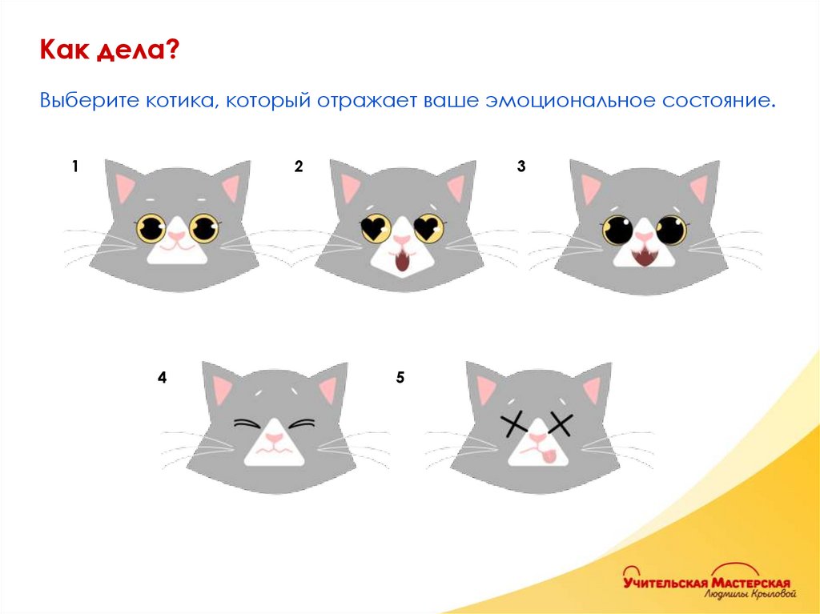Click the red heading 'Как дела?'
[109, 50]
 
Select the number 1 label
[75, 167]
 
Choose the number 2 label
[299, 167]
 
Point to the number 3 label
[521, 167]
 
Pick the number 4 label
[162, 377]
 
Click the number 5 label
[400, 377]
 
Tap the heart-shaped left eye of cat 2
[376, 228]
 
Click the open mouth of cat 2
[402, 260]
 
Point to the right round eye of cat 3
[671, 230]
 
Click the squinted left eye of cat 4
[246, 424]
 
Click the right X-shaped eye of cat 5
[560, 424]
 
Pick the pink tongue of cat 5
[549, 456]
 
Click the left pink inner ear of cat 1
[125, 187]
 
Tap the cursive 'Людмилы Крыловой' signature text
[750, 594]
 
